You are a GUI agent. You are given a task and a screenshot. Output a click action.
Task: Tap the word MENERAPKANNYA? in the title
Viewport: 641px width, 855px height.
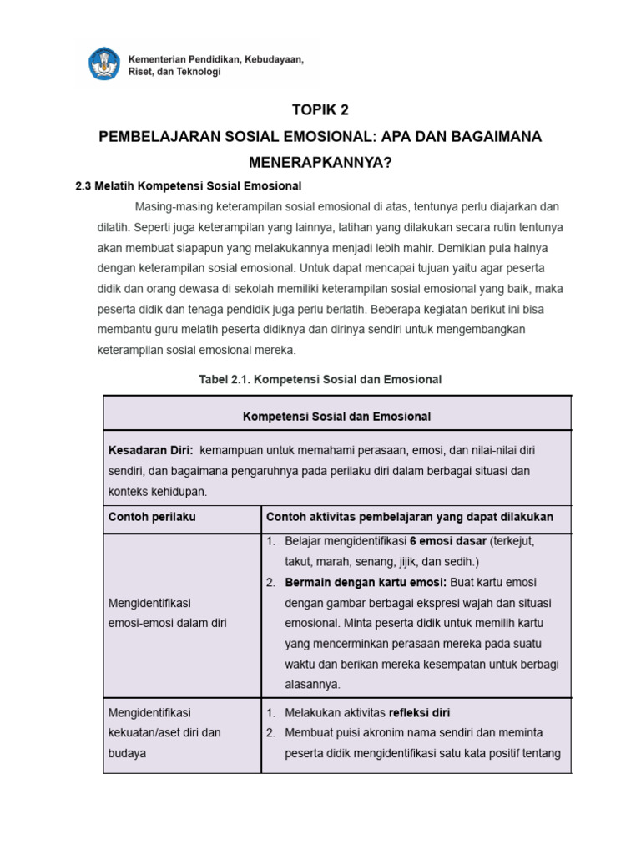(x=320, y=162)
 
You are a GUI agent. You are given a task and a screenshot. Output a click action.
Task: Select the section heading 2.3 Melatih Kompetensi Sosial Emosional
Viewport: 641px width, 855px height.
(x=188, y=185)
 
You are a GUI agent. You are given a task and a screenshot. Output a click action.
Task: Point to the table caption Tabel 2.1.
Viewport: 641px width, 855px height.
(x=320, y=379)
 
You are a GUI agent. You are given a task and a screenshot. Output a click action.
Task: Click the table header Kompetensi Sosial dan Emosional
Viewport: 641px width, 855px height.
(x=336, y=416)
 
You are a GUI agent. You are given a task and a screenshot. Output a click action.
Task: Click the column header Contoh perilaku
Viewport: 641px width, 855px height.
(x=152, y=517)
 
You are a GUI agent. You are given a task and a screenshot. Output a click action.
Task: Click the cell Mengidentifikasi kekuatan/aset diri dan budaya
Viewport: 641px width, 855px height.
(x=164, y=732)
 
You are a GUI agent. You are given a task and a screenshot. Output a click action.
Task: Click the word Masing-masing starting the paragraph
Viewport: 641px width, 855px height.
(x=173, y=206)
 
